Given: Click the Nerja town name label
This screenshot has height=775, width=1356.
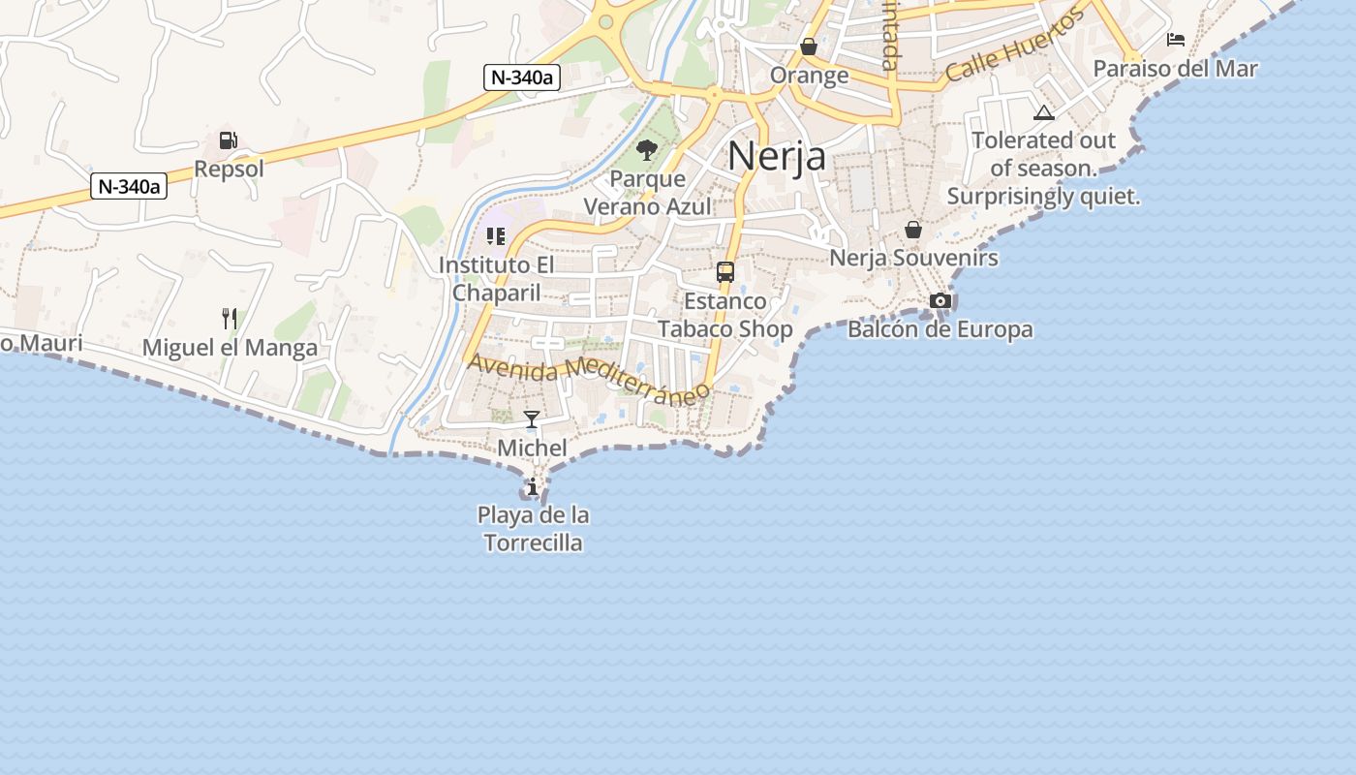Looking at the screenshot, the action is coord(777,156).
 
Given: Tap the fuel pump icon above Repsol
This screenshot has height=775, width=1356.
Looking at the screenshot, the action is coord(229,140).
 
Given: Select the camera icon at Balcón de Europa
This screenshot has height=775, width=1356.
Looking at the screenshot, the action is coord(940,300).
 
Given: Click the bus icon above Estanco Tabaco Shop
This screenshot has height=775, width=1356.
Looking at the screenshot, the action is coord(725,272).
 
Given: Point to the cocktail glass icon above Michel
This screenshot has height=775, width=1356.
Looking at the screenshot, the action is coord(532,418).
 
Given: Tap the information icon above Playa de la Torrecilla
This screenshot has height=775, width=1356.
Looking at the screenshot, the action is coord(533,485).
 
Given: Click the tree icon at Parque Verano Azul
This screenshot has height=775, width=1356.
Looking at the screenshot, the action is coord(647,150).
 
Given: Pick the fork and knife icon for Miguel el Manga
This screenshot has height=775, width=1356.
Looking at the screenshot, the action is coord(230,318).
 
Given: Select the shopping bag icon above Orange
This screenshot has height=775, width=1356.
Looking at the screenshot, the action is coord(809,46).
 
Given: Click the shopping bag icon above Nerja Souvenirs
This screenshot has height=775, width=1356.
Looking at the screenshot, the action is coord(913,230).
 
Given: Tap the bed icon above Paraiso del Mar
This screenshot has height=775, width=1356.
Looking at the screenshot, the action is coord(1176,40).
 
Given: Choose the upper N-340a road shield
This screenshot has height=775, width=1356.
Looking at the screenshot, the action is coord(522,77).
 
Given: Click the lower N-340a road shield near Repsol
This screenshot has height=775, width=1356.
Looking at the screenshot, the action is coord(129,186).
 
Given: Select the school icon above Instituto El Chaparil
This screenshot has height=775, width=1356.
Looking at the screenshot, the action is coord(496,235).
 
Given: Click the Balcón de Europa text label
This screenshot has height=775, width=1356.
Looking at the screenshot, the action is coord(940,329).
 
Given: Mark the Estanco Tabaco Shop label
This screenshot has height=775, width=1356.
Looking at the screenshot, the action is coord(725,315).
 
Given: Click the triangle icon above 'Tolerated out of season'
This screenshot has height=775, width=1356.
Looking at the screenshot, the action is coord(1043,112).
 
